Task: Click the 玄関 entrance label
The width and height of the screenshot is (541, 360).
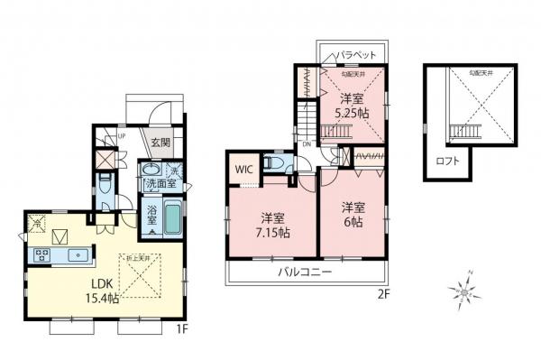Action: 160,142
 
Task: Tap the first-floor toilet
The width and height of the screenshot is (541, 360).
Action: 105,185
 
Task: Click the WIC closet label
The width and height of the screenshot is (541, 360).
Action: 243,169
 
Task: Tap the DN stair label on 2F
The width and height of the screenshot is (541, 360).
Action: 307,144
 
